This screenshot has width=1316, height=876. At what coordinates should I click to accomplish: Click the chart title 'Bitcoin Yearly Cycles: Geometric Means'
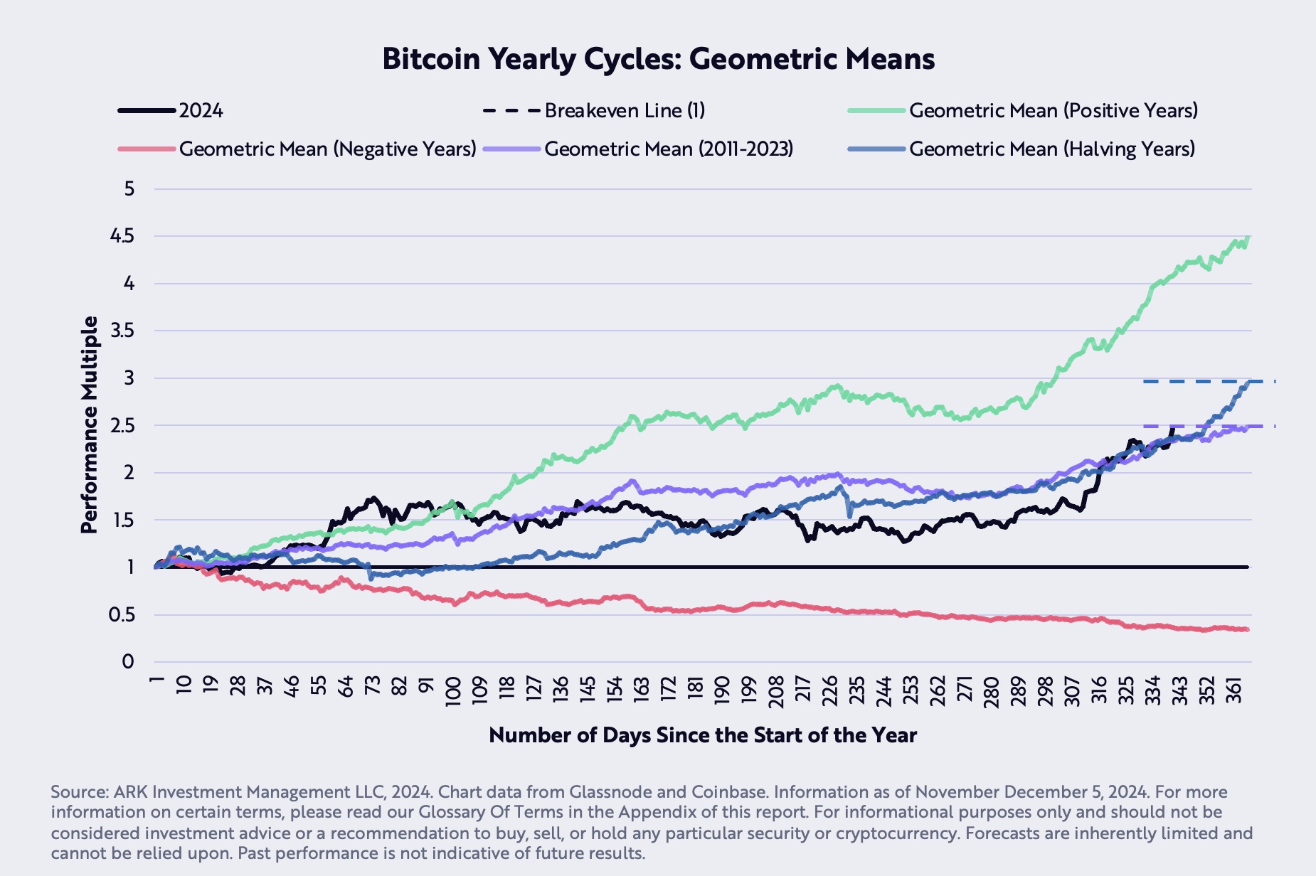point(658,59)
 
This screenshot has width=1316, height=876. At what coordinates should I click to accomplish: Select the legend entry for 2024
point(201,111)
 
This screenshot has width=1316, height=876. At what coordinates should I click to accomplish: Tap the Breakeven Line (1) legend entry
point(625,111)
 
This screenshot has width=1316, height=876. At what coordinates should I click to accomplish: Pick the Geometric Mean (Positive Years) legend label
point(1053,111)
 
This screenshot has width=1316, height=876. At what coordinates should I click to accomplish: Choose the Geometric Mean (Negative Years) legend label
point(327,149)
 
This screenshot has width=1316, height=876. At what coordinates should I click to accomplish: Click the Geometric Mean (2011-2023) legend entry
point(668,149)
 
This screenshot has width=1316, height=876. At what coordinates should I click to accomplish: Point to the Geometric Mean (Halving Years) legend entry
point(1051,149)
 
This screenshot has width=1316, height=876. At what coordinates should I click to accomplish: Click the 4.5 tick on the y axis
point(123,236)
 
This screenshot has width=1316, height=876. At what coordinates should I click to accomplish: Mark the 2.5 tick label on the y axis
point(123,425)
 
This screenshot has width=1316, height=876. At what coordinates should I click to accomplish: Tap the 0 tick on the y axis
point(128,662)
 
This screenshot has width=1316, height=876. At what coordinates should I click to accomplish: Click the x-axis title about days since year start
point(703,735)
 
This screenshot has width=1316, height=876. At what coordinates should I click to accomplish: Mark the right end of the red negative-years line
point(1246,629)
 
